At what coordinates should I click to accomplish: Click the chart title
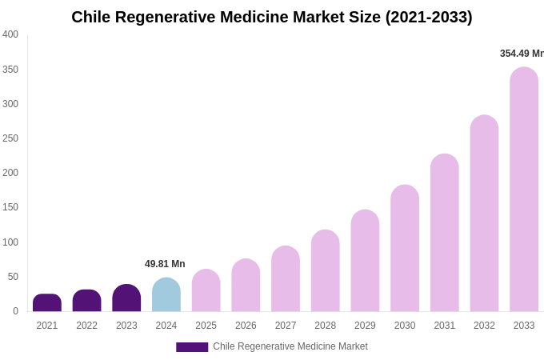tap(272, 17)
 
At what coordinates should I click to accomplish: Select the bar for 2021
tap(47, 303)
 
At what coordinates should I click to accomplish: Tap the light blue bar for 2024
tap(166, 295)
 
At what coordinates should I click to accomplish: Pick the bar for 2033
tap(524, 190)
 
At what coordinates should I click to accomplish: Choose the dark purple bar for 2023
tap(126, 298)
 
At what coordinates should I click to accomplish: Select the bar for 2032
tap(484, 214)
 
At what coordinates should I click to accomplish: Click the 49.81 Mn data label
tap(165, 264)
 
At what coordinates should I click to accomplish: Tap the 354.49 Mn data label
tap(522, 54)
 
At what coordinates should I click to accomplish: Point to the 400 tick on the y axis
tap(10, 34)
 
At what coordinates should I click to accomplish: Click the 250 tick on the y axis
tap(10, 138)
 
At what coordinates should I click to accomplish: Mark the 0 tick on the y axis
tap(15, 311)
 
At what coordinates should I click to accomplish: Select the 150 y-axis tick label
tap(10, 207)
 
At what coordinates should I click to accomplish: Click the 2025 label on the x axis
tap(206, 326)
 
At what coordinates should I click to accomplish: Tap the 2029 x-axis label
tap(365, 326)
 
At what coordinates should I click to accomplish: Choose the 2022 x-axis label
tap(86, 326)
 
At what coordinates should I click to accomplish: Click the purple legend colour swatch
tap(192, 347)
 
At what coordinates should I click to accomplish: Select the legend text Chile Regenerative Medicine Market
tap(290, 346)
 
